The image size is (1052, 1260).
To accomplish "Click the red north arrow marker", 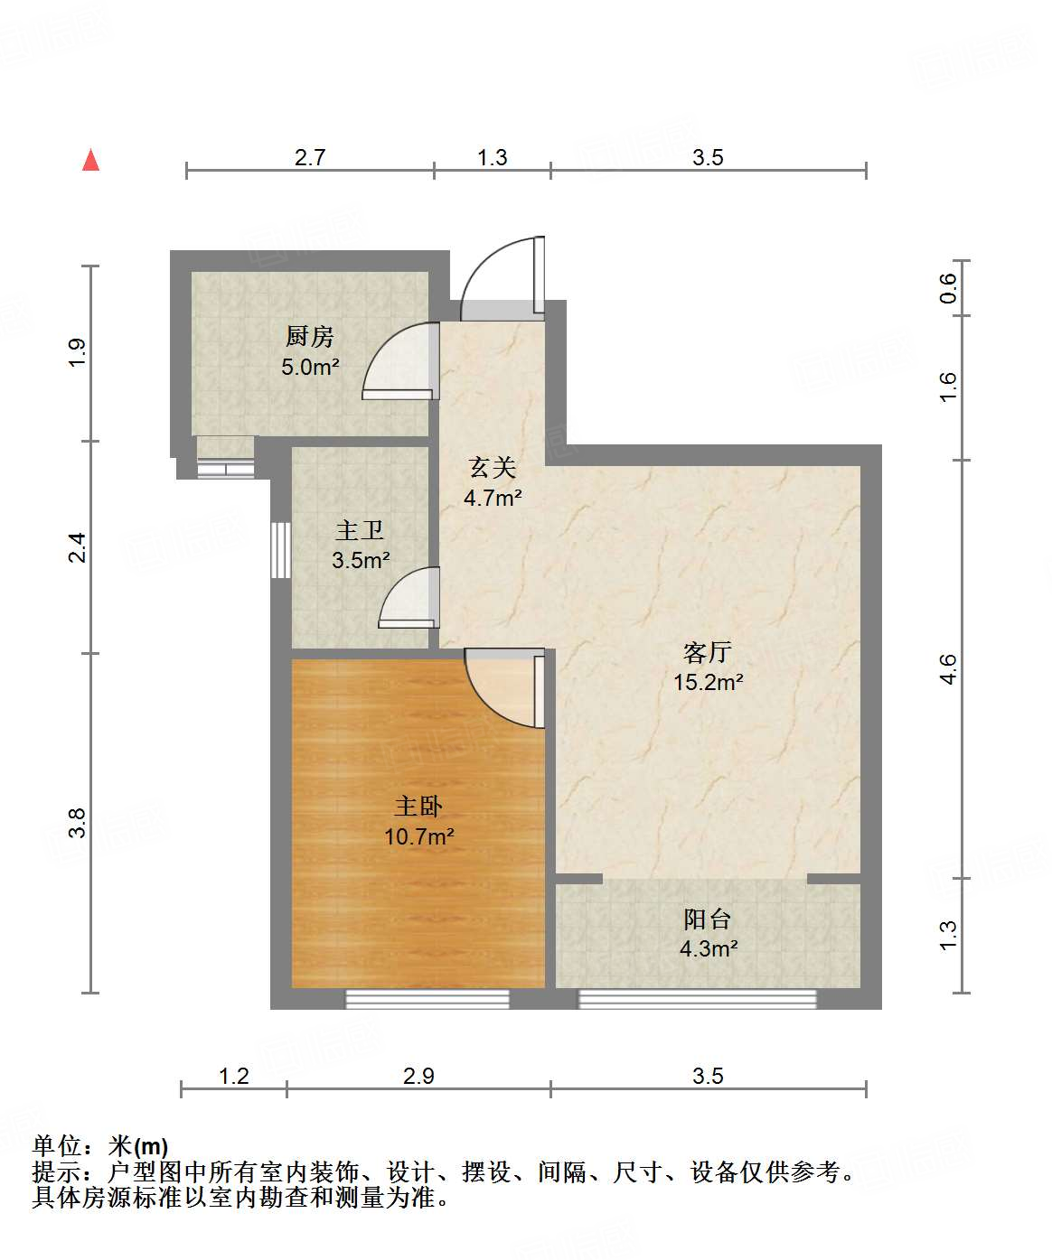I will [x=90, y=160].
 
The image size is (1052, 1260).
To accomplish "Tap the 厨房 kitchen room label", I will [x=310, y=337].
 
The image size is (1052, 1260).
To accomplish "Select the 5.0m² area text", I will [x=310, y=367].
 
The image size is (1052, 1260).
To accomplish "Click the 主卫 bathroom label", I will [x=360, y=530].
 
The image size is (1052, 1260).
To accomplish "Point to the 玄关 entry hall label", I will [x=493, y=467].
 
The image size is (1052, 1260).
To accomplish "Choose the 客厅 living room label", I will [x=708, y=652].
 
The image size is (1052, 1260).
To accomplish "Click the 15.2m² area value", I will [x=708, y=682].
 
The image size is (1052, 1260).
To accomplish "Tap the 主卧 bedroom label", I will [x=418, y=806].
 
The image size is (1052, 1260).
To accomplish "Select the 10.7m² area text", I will [x=418, y=836].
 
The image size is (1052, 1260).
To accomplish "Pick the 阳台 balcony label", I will [x=708, y=919].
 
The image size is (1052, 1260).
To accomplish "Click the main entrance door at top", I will [x=502, y=275].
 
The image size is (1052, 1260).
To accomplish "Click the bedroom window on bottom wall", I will [x=427, y=999].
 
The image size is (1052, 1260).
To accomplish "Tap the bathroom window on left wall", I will [x=281, y=549].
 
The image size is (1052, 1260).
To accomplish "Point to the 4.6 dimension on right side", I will [x=947, y=669].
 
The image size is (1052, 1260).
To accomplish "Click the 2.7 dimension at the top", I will [x=310, y=157].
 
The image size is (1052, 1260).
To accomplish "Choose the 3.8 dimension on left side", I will [x=77, y=823].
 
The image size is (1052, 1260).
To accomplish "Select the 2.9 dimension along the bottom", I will [x=418, y=1076].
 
